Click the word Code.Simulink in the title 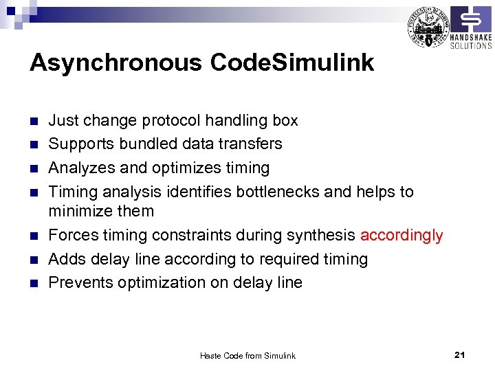point(292,63)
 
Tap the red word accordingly point(401,236)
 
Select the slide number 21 point(460,355)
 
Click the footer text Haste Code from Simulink point(247,355)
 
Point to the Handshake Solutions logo point(470,28)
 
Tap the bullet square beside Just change point(34,122)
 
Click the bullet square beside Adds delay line point(34,260)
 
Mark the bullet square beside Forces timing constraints point(34,236)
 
